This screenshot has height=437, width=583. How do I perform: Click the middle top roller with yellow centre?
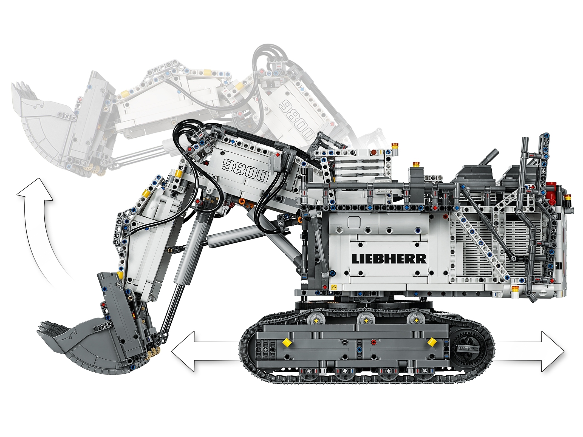(x=366, y=320)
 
